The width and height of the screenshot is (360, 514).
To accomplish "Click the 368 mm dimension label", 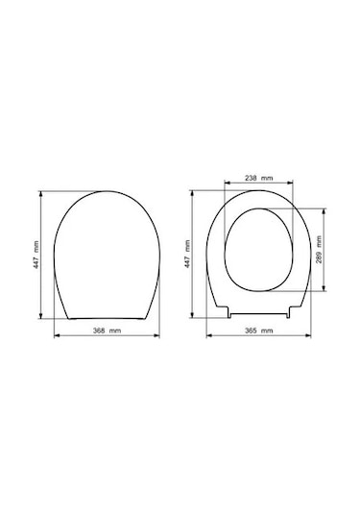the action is [x=108, y=330].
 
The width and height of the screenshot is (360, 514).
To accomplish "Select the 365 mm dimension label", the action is [x=259, y=330].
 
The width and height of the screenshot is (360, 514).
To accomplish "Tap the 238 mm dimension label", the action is [x=259, y=178].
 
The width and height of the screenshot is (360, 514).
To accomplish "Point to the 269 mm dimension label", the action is [x=319, y=249].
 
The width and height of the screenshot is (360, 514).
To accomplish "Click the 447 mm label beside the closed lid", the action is [x=36, y=255].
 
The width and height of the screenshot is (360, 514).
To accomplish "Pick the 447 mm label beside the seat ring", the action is [x=187, y=254].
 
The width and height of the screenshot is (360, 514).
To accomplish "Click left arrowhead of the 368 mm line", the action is [x=57, y=335].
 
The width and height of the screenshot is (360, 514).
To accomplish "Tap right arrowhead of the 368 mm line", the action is [x=156, y=335].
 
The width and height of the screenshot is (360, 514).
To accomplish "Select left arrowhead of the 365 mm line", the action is [x=209, y=335].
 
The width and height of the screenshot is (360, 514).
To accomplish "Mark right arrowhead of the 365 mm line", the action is [x=308, y=335].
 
